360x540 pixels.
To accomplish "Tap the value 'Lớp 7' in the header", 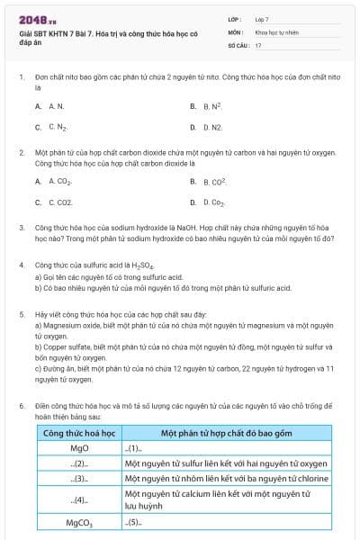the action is (x=262, y=19).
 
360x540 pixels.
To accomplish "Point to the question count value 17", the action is (x=258, y=44).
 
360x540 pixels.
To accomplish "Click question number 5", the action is (x=22, y=314).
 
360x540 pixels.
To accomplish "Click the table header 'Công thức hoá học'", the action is (x=78, y=434).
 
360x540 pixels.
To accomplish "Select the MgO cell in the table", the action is (x=78, y=448).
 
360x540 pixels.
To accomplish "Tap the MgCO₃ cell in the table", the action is (x=79, y=522).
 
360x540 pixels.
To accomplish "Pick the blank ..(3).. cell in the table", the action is (x=79, y=479).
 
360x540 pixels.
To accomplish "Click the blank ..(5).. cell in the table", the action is (x=134, y=522).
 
